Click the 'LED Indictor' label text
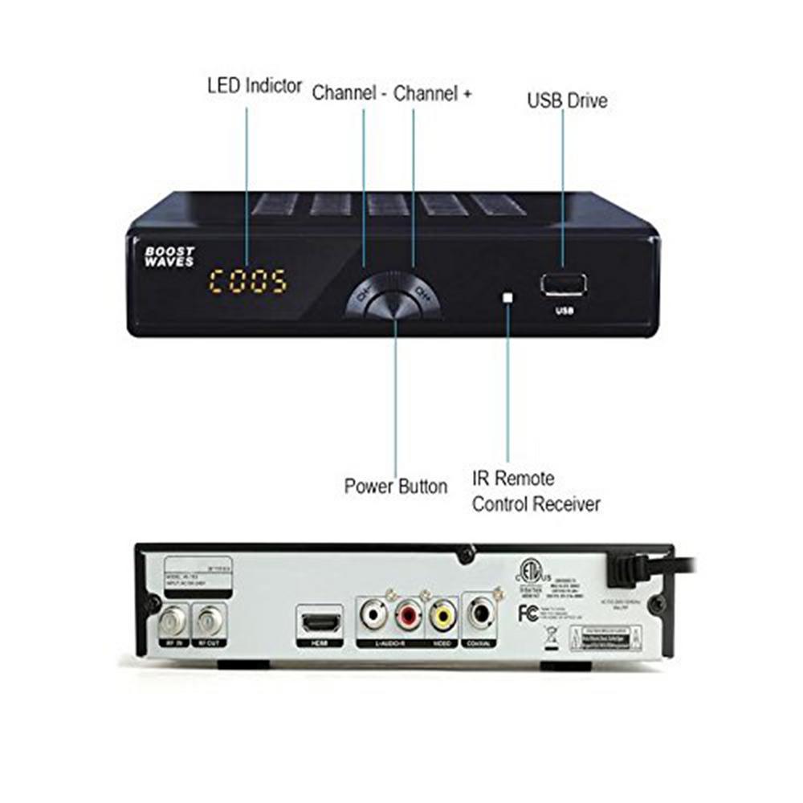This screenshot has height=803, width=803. pyautogui.click(x=255, y=85)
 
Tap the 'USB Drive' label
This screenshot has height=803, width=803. pyautogui.click(x=567, y=100)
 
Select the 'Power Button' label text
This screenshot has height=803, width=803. pyautogui.click(x=396, y=486)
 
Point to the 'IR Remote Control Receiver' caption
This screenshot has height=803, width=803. pyautogui.click(x=536, y=491)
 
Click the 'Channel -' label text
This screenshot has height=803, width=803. pyautogui.click(x=350, y=92)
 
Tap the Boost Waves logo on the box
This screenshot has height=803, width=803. pyautogui.click(x=169, y=256)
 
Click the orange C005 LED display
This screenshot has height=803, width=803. pyautogui.click(x=248, y=281)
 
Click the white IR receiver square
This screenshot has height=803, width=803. pyautogui.click(x=507, y=297)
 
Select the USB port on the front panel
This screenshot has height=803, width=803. pyautogui.click(x=564, y=285)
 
